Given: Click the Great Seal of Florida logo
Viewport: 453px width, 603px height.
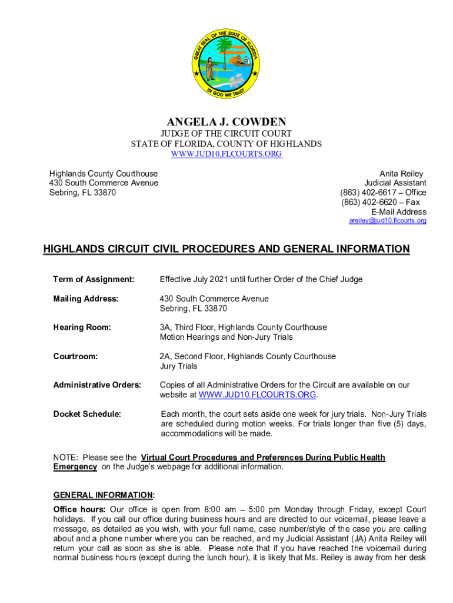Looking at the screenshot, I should pyautogui.click(x=226, y=65).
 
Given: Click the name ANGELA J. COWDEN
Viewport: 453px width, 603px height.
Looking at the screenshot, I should pyautogui.click(x=226, y=122).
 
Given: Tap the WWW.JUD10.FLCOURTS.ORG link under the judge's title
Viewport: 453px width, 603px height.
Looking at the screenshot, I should pyautogui.click(x=226, y=154).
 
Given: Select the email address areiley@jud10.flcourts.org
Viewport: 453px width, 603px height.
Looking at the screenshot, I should pyautogui.click(x=387, y=221).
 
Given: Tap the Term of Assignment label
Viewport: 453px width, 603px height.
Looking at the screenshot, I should pyautogui.click(x=94, y=279).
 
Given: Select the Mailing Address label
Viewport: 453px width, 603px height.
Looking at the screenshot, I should pyautogui.click(x=85, y=299).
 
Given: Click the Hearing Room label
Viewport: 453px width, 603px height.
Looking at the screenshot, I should pyautogui.click(x=82, y=327).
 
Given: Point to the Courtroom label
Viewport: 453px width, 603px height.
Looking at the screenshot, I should pyautogui.click(x=75, y=356).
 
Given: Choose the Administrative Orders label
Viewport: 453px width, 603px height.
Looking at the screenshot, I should pyautogui.click(x=97, y=385).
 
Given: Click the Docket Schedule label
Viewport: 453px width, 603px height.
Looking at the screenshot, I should pyautogui.click(x=87, y=414).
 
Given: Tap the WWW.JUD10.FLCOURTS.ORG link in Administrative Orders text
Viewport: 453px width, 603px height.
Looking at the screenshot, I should pyautogui.click(x=258, y=395).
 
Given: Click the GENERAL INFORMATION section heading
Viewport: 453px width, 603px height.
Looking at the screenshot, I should pyautogui.click(x=104, y=495).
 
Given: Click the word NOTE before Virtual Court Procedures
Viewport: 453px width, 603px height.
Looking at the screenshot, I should pyautogui.click(x=65, y=458).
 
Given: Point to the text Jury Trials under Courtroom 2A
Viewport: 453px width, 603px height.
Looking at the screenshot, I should pyautogui.click(x=179, y=366).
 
